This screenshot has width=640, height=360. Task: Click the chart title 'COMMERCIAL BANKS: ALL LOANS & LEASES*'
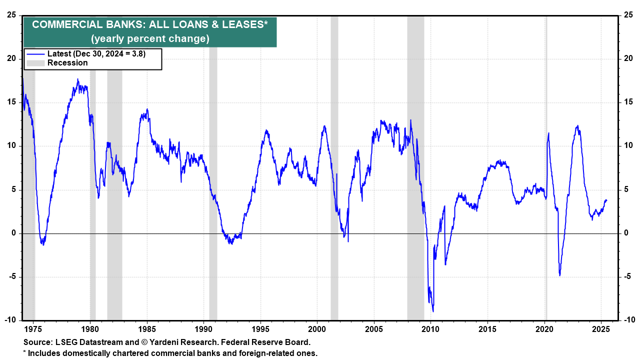pos(150,25)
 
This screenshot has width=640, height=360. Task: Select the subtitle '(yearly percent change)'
pos(150,39)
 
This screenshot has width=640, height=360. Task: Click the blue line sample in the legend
pos(35,54)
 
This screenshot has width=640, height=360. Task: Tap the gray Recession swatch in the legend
pos(35,63)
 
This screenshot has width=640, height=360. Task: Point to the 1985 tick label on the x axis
pos(146,329)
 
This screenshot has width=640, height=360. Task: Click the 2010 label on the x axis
pos(430,329)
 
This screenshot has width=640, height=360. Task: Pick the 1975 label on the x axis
pos(33,329)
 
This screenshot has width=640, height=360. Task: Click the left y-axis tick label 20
pos(11,58)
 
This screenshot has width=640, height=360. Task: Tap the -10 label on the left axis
pos(10,320)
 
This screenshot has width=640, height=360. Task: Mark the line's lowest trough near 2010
pos(433,311)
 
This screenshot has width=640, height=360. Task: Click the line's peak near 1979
pos(77,79)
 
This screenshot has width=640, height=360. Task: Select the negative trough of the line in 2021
pos(560,275)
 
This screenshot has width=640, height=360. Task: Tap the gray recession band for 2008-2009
pos(415,150)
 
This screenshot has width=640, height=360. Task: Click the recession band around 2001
pos(334,150)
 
